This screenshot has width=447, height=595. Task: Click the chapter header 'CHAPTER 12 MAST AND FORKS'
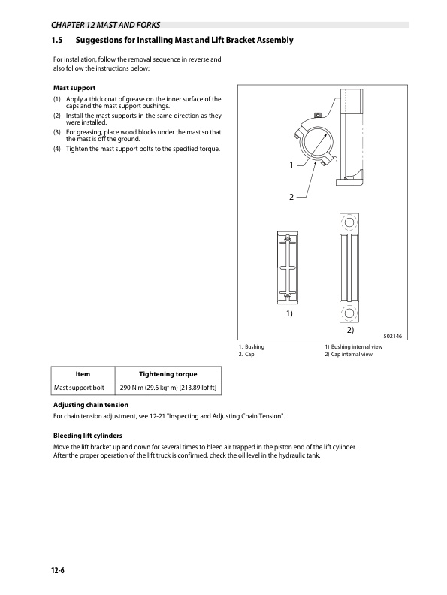click(105, 25)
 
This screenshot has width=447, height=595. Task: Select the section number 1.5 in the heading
click(57, 40)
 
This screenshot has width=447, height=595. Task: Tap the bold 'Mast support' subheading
click(74, 88)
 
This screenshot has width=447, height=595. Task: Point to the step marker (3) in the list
click(57, 132)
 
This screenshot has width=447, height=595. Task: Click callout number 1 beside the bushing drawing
click(291, 165)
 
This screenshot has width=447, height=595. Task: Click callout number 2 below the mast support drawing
click(291, 197)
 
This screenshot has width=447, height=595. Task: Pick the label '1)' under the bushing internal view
click(289, 313)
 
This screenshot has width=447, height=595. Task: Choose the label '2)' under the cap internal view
click(350, 330)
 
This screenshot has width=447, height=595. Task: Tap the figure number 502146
click(393, 337)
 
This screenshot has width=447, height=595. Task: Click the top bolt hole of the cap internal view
click(349, 222)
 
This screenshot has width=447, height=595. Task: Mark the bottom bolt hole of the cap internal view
click(349, 313)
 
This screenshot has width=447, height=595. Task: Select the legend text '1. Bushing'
click(252, 346)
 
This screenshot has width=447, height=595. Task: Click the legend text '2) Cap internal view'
click(349, 354)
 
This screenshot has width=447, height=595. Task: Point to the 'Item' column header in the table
click(83, 374)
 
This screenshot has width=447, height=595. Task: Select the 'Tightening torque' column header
click(168, 374)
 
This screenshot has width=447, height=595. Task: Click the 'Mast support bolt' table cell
click(79, 388)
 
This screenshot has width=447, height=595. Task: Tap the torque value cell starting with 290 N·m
click(168, 388)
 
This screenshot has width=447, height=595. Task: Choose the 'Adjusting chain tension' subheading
click(91, 405)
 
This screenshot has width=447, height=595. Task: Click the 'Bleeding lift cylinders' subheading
click(88, 436)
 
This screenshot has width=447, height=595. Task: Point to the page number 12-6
click(58, 570)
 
